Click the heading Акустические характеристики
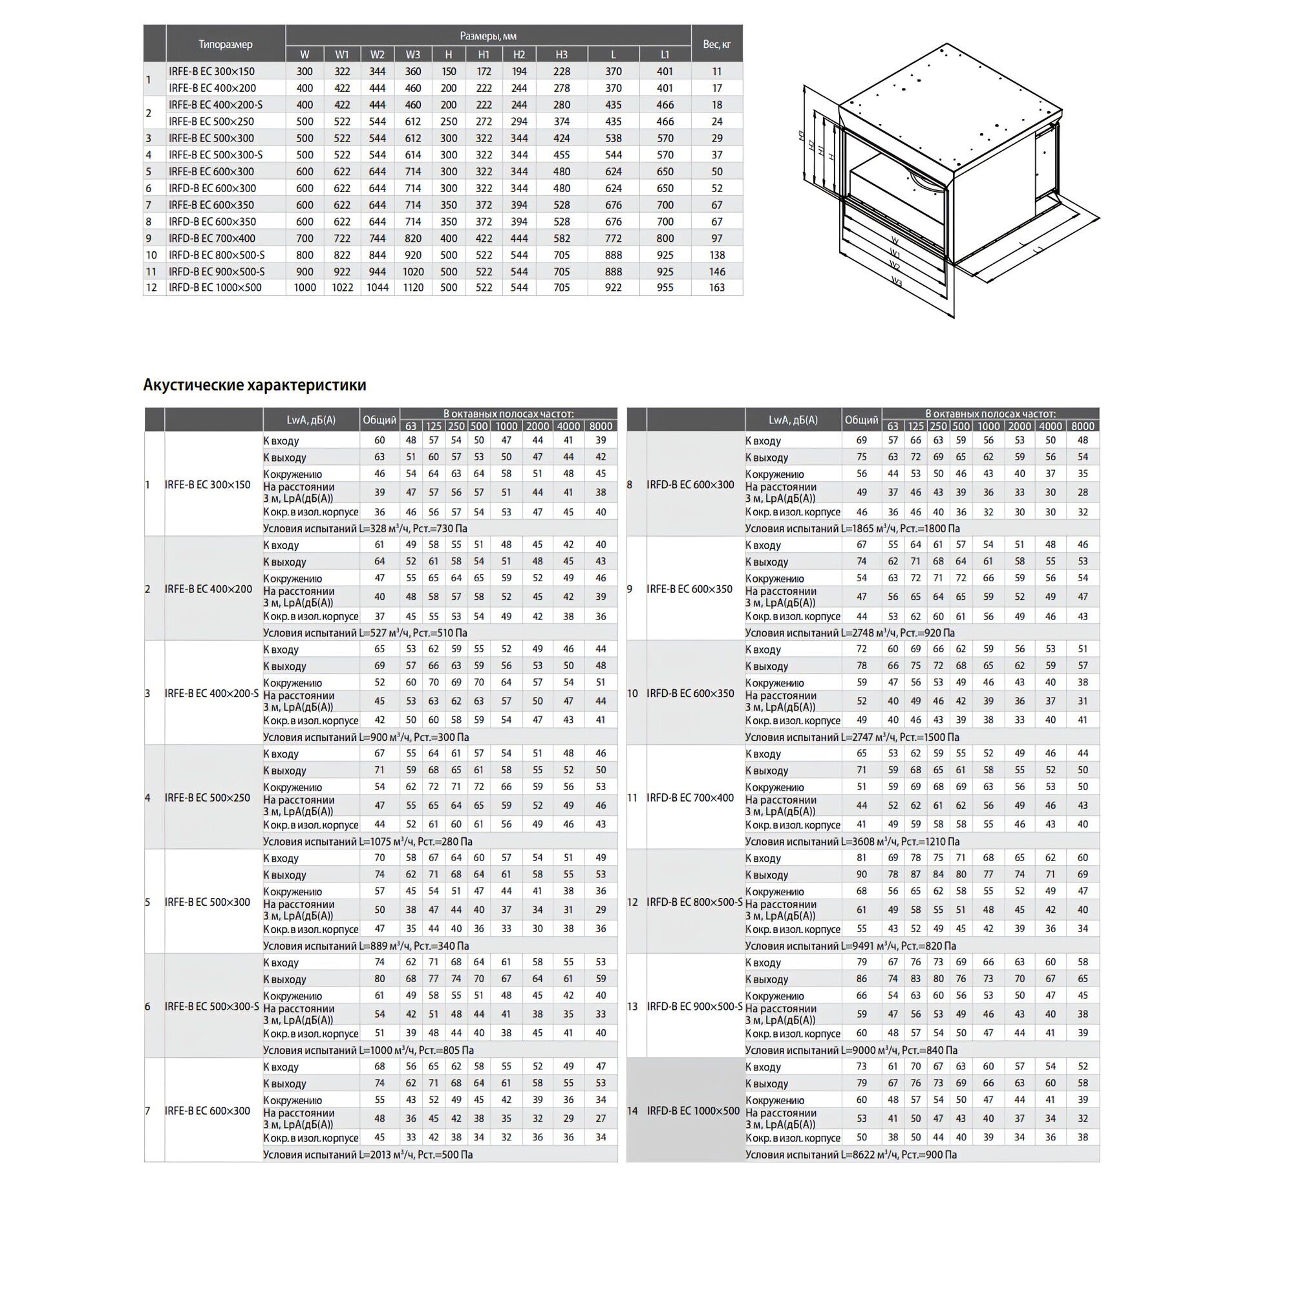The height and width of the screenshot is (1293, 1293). click(x=254, y=385)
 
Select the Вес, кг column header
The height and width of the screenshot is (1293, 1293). click(x=716, y=44)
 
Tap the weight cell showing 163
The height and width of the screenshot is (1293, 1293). click(x=716, y=288)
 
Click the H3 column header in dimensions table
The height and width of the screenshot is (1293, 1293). click(x=562, y=55)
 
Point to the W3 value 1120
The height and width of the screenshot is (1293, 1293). click(x=413, y=288)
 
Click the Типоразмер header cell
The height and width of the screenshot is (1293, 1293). click(x=226, y=44)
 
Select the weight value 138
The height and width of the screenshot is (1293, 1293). click(x=716, y=255)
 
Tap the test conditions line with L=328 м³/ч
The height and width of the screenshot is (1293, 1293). click(x=365, y=529)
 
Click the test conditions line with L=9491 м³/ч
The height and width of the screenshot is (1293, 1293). click(x=850, y=946)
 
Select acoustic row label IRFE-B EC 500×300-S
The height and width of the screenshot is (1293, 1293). click(x=211, y=1007)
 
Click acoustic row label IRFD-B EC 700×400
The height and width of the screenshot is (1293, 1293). click(x=689, y=798)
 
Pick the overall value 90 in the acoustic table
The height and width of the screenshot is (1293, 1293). click(x=861, y=875)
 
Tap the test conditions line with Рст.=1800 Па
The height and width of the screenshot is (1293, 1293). click(x=852, y=529)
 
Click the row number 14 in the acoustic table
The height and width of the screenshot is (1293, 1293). click(x=632, y=1111)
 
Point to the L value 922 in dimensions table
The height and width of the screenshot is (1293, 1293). click(x=613, y=288)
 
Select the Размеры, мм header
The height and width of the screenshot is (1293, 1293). click(x=488, y=36)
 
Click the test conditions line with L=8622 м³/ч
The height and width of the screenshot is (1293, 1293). click(x=851, y=1155)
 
